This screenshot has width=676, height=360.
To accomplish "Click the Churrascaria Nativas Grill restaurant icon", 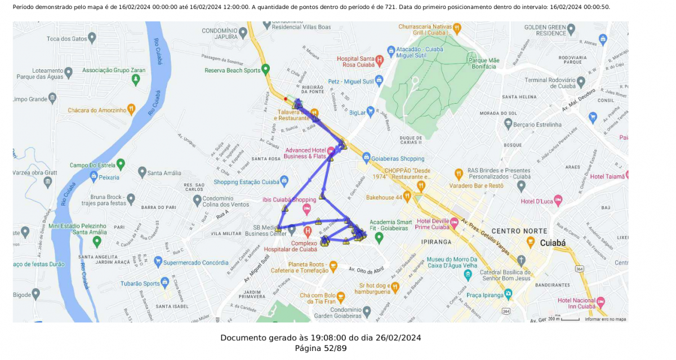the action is point(457,27).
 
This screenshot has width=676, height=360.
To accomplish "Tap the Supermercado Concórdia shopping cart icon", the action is point(158,261).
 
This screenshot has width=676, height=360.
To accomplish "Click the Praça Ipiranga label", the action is point(483,294).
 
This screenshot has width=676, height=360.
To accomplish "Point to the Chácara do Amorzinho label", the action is point(97,110).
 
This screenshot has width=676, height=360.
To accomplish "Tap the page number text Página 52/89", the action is point(321,348).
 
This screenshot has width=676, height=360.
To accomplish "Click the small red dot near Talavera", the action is point(286,99).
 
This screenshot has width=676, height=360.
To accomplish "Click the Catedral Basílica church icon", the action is point(521,260).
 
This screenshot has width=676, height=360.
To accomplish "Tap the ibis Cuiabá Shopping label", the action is point(289,200).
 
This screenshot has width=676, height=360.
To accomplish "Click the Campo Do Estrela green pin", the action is point(121,165).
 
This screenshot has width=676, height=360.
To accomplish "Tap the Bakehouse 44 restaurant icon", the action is point(407,196).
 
